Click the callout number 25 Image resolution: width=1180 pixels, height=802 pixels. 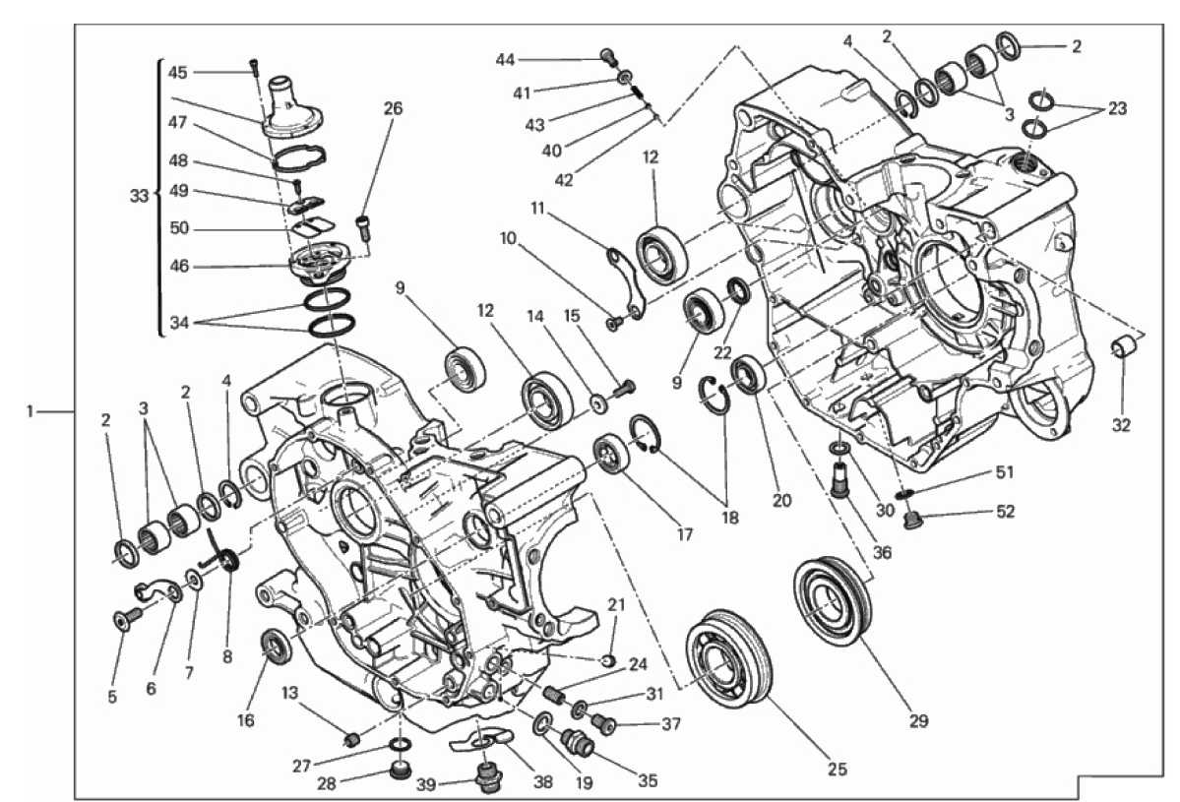(x=837, y=769)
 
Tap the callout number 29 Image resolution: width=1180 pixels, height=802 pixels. (x=918, y=720)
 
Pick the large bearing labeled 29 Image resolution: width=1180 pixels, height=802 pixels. (x=833, y=603)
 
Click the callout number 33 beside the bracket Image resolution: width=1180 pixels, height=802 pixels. (x=139, y=197)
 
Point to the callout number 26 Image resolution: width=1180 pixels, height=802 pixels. (x=393, y=108)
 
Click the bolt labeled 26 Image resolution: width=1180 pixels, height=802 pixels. (x=365, y=226)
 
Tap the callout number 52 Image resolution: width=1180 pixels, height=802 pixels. (x=1005, y=512)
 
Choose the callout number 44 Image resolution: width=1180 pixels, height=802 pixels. (x=505, y=59)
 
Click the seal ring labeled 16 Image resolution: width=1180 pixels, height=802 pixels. (x=276, y=648)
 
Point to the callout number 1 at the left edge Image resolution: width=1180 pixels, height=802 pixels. (x=30, y=411)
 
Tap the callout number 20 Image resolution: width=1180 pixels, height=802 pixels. (x=781, y=500)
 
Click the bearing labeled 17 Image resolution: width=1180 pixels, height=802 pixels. (x=612, y=454)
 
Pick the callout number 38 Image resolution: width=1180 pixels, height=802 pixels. (x=542, y=781)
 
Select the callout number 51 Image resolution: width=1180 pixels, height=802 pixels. (x=1005, y=472)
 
